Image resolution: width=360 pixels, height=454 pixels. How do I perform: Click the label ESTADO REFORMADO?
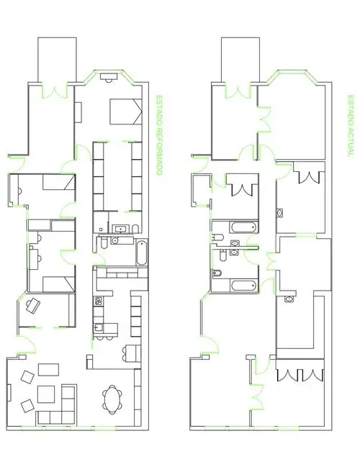(158, 135)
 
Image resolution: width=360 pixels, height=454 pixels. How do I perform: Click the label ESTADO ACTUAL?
(351, 126)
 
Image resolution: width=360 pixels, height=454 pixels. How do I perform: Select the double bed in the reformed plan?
(126, 112)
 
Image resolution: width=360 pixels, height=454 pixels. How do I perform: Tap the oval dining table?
(112, 399)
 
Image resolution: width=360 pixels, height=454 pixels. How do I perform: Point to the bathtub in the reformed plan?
(142, 253)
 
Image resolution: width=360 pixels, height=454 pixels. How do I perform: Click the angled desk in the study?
(33, 305)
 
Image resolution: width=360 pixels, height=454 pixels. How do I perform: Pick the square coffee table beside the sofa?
(46, 394)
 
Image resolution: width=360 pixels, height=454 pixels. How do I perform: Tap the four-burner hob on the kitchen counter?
(98, 301)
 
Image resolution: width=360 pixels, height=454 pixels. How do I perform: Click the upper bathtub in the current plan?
(244, 227)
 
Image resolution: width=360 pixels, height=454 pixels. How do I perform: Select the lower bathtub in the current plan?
(244, 286)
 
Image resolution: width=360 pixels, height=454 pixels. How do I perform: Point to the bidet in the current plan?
(217, 273)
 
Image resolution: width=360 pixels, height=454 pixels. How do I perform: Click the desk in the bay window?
(109, 77)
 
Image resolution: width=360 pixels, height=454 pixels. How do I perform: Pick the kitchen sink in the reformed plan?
(98, 327)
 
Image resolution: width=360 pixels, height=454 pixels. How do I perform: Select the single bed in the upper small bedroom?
(59, 182)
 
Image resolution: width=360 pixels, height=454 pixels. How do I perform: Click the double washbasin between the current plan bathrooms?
(234, 248)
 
